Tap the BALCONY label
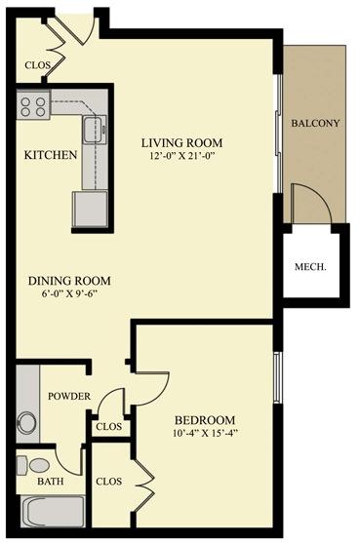[x=315, y=123]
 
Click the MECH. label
[x=310, y=267]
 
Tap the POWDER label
[x=68, y=396]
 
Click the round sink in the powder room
[x=26, y=423]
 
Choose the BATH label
[x=50, y=482]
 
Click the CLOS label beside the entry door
[x=37, y=65]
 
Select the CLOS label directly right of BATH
[x=108, y=481]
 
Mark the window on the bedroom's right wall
[x=277, y=376]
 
